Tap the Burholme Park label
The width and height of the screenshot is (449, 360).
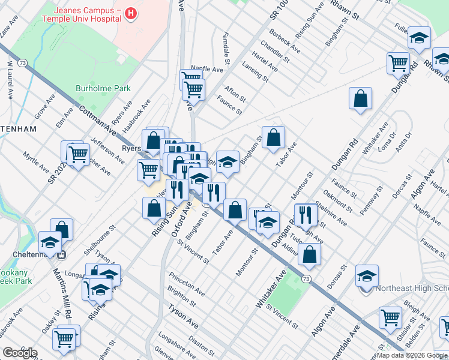103,88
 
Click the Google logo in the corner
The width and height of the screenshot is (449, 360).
20,353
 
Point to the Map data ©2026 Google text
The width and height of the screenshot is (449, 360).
412,355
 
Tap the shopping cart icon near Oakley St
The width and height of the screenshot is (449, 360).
64,339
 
